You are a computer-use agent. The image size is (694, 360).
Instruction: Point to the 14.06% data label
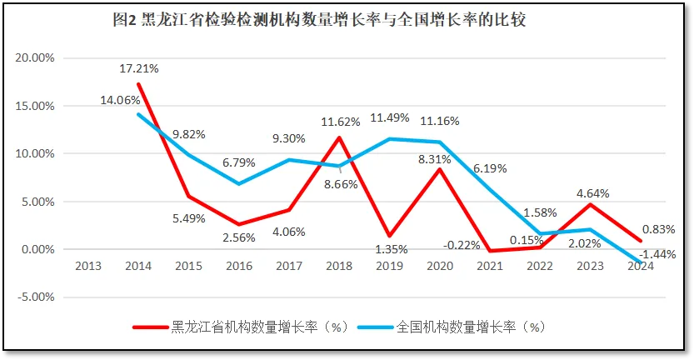[119, 100]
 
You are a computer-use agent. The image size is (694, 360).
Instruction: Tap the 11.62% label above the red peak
[340, 122]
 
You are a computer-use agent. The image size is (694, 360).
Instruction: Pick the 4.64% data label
[592, 193]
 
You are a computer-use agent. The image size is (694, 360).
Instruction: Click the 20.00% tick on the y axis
[34, 57]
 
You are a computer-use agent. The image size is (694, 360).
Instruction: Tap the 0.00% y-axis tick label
[37, 249]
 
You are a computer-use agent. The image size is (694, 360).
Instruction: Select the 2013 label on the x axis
[88, 266]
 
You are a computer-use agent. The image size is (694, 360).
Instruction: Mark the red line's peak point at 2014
[138, 84]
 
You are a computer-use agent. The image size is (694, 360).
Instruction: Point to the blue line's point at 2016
[239, 183]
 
